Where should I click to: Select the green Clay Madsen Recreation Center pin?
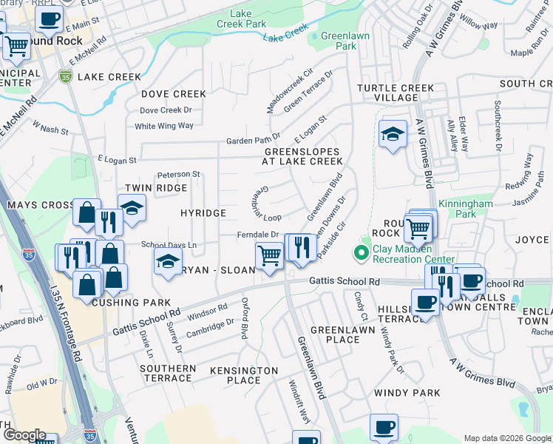point(361,254)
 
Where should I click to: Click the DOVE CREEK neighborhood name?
point(174,94)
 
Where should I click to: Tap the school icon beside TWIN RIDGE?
point(132,209)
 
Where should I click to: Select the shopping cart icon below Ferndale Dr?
point(269,256)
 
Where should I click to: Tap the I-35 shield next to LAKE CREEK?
point(66,76)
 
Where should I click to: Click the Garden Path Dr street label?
point(253,138)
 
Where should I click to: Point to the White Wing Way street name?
point(163,126)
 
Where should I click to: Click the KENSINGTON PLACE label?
point(244,375)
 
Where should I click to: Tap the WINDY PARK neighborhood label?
point(407,393)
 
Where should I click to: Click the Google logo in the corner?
point(24,435)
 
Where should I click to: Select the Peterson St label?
point(178,174)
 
